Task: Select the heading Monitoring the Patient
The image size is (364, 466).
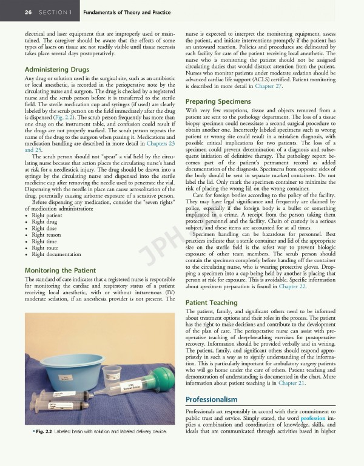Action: click(59, 269)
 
